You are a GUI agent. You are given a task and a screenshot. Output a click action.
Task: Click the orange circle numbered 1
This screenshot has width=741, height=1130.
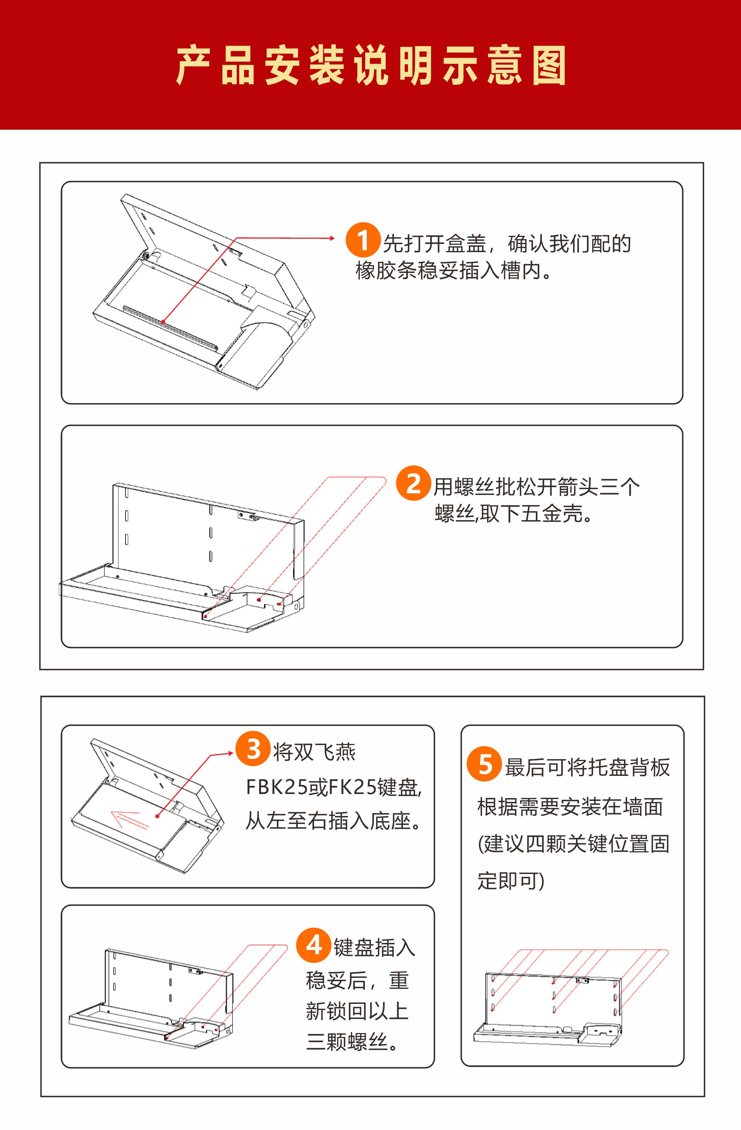coord(363,240)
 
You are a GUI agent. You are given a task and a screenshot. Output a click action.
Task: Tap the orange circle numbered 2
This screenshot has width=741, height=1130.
coord(413,483)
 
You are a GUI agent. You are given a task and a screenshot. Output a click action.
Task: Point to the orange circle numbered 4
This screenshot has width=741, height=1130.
coord(313,945)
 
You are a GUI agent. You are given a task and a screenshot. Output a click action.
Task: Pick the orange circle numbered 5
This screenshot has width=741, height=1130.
coord(484,764)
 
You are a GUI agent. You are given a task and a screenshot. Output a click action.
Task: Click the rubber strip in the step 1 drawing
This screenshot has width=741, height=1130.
coord(170,327)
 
